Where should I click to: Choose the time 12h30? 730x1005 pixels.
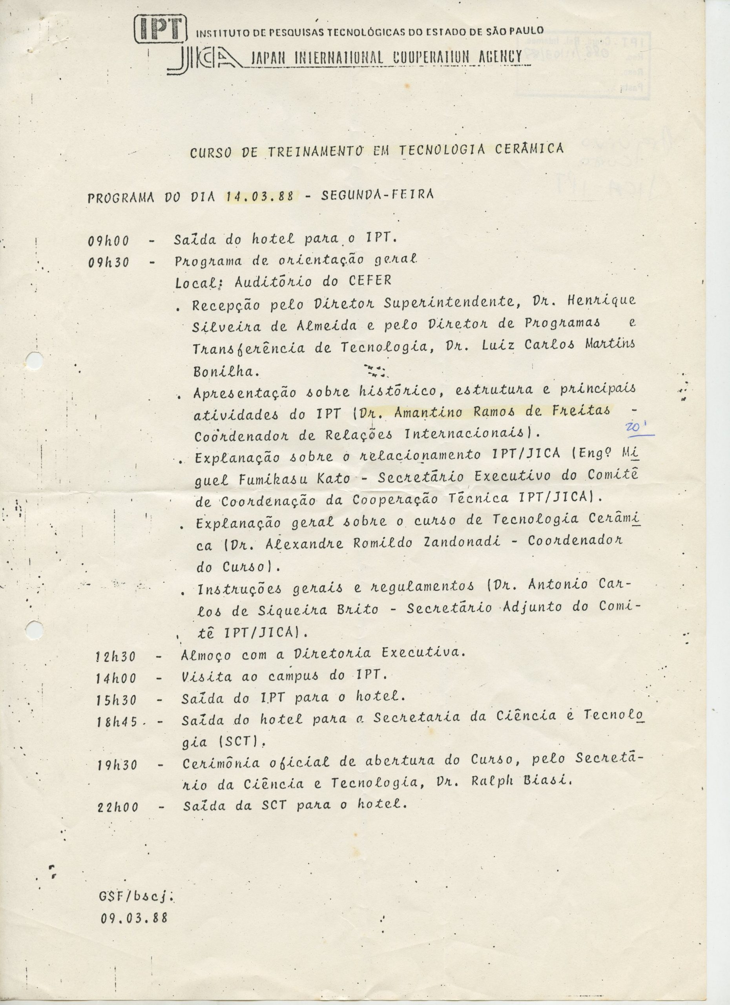[116, 656]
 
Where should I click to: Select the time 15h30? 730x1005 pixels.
[117, 700]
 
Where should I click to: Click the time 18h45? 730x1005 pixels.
[117, 722]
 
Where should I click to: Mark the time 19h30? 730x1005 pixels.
[117, 765]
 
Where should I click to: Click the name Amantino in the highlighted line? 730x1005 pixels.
[420, 412]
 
